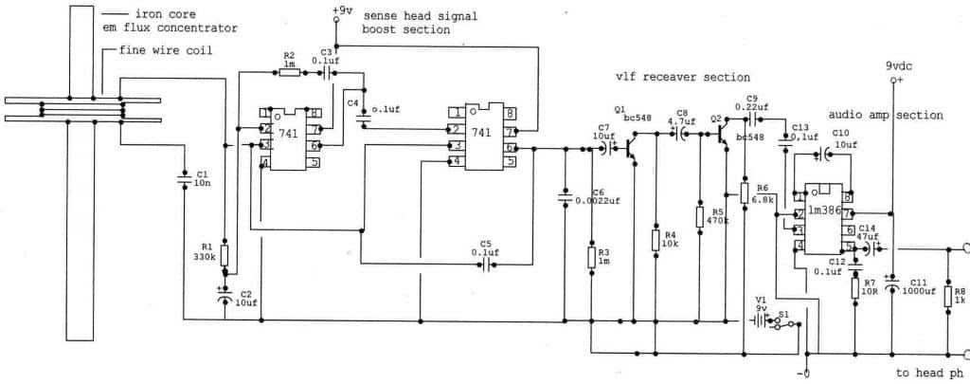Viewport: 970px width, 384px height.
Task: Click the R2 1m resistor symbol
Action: coord(290,71)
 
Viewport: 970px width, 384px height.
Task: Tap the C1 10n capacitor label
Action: coord(201,178)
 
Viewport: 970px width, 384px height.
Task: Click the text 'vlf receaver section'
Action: coord(682,77)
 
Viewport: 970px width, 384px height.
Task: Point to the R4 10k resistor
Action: coord(656,238)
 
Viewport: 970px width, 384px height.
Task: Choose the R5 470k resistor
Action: coord(699,216)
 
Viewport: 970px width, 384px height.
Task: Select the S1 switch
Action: coord(782,321)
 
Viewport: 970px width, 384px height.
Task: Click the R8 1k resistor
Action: coord(947,297)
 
